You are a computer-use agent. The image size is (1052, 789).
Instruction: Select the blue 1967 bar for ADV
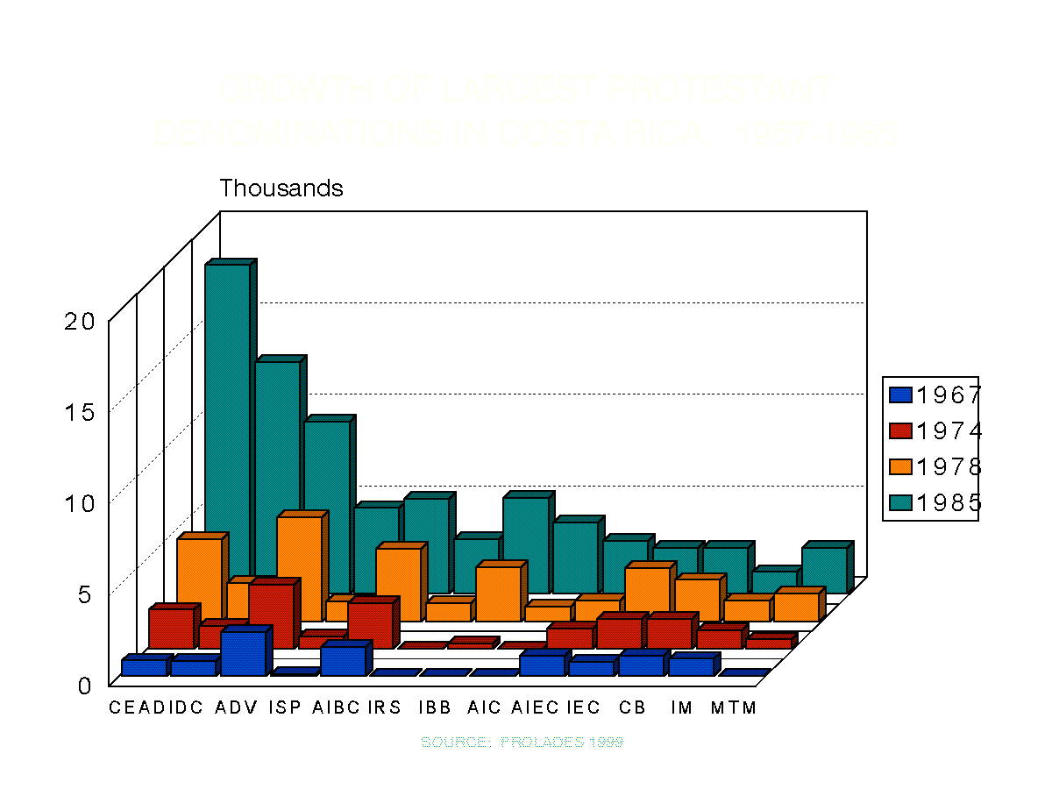click(x=243, y=652)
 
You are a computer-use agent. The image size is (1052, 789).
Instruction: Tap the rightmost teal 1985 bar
click(x=824, y=570)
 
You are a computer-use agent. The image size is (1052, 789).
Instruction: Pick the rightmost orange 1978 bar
click(x=796, y=607)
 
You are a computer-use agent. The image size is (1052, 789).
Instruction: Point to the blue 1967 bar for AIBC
click(x=342, y=660)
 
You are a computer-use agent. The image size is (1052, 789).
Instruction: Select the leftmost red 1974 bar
click(x=170, y=628)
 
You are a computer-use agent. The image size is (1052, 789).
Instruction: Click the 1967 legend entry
click(x=933, y=395)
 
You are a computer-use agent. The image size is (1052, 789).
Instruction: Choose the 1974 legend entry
click(x=933, y=431)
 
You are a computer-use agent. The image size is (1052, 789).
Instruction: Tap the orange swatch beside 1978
click(x=900, y=467)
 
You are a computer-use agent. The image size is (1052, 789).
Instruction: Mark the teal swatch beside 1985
click(x=900, y=503)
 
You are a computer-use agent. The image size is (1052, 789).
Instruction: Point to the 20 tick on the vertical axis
click(x=80, y=321)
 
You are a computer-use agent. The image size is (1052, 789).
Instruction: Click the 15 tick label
click(x=80, y=412)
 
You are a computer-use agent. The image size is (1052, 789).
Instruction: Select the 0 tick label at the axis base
click(x=84, y=686)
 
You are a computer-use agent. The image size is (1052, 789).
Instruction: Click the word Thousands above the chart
click(x=281, y=188)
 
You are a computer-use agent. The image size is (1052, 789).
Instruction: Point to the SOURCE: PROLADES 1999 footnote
click(x=522, y=743)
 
